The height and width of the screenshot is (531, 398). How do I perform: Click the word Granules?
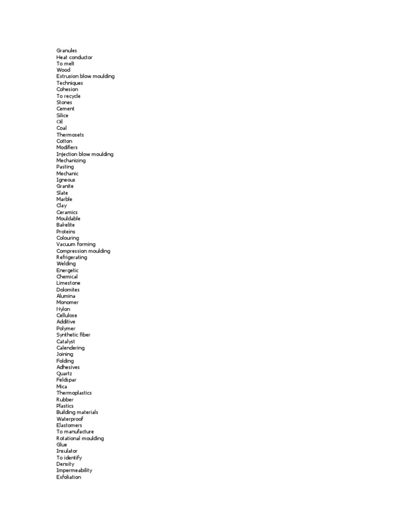pos(67,51)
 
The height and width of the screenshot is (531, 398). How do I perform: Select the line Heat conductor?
pos(75,57)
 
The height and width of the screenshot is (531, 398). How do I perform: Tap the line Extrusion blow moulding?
pos(86,76)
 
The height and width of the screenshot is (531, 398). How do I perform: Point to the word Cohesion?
pos(67,89)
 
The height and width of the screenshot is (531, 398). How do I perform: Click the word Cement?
pos(65,109)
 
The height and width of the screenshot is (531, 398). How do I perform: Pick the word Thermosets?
pos(70,135)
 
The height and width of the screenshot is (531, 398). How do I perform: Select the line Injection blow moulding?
pos(85,154)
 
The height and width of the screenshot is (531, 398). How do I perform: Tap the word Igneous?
pos(66,180)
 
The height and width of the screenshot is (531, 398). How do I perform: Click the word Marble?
pos(64,199)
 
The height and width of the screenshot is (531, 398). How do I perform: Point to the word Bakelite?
pos(66,225)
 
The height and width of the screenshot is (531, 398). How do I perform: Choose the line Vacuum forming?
pos(76,244)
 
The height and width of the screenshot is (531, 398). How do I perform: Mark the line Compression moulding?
pos(83,251)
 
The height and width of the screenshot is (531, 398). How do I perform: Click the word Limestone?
pos(68,283)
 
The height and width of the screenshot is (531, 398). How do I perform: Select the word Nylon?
pos(63,309)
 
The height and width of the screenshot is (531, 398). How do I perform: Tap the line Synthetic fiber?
pos(74,335)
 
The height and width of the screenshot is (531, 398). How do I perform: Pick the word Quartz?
pos(64,373)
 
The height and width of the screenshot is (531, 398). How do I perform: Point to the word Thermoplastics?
pos(74,393)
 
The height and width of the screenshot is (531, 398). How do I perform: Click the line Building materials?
pos(77,412)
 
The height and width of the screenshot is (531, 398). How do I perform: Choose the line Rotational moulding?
pos(80,438)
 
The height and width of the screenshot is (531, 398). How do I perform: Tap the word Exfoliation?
pos(69,477)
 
